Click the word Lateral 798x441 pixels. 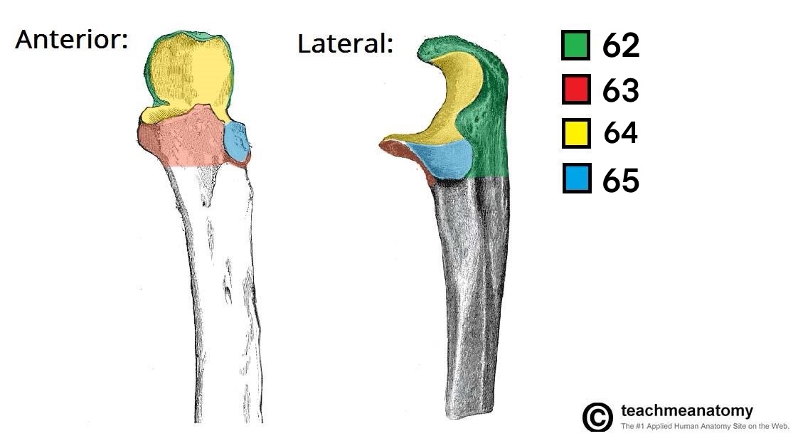coord(344,44)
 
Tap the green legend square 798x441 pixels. coord(575,45)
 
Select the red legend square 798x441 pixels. coord(575,90)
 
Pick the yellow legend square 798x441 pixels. coord(575,134)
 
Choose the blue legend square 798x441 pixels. coord(575,179)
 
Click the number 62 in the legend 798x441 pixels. coord(620,46)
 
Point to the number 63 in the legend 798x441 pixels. coord(620,90)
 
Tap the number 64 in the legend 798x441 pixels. coord(620,134)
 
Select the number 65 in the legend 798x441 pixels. coord(620,181)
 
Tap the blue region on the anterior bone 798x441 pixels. coord(236,141)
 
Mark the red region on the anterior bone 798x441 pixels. coord(185,139)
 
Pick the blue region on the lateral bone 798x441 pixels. coord(445,160)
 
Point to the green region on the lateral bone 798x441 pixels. coord(491,128)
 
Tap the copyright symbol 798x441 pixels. coord(597,417)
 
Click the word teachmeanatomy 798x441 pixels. coord(686,410)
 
